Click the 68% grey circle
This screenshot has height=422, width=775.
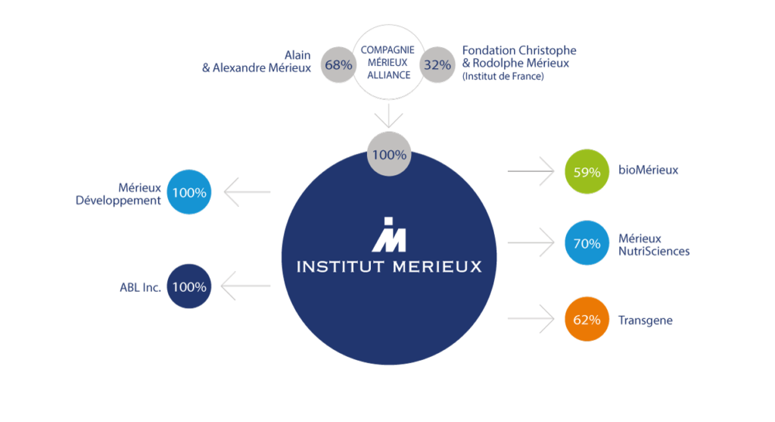pos(338,64)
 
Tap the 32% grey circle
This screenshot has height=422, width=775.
pos(437,64)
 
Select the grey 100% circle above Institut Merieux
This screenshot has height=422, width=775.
pos(390,155)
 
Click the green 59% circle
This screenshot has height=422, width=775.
pos(587,171)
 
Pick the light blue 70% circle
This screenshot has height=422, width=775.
pos(587,244)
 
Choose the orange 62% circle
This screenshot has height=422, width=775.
pos(587,320)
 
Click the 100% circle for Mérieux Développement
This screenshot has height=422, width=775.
pos(188,192)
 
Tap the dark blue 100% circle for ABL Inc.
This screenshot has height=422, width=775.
pos(188,287)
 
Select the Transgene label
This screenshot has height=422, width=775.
pos(645,320)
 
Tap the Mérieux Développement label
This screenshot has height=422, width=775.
pos(139,194)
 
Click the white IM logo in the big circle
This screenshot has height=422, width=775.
pos(388,234)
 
